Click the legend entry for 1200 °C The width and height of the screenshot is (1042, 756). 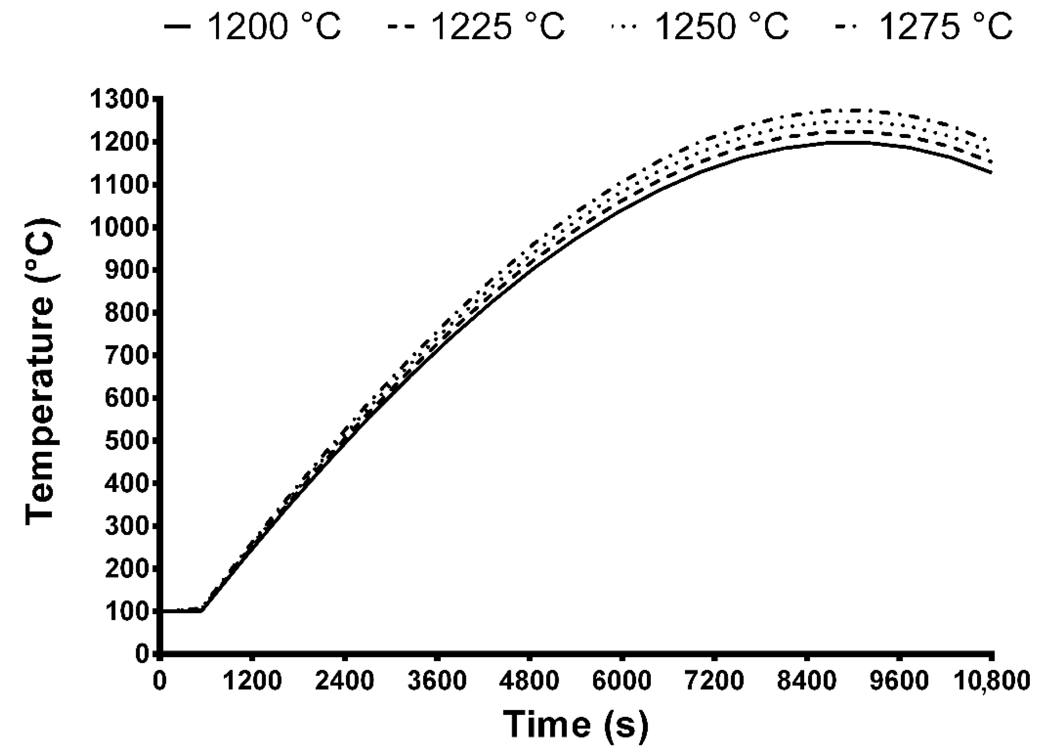(x=253, y=27)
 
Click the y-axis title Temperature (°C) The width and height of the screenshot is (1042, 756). (x=42, y=372)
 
